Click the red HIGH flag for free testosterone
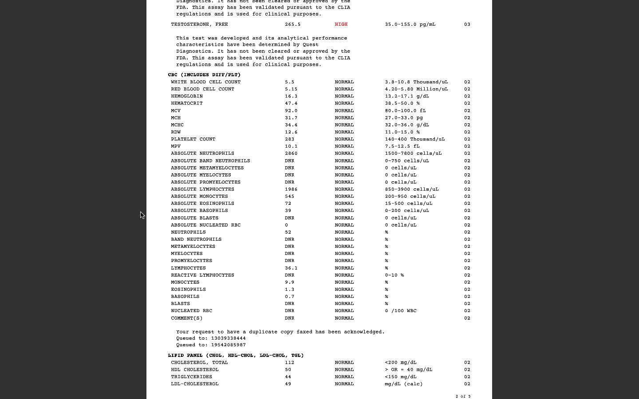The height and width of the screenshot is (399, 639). click(x=341, y=24)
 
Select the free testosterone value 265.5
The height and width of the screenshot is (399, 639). click(x=292, y=24)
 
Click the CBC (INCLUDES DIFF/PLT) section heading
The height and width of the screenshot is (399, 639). click(x=204, y=75)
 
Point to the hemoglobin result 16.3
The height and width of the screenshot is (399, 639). click(x=291, y=96)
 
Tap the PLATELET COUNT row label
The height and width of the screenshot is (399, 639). click(x=193, y=139)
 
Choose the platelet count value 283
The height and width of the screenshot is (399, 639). click(x=289, y=139)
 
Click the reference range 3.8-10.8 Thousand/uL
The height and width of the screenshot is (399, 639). click(x=416, y=82)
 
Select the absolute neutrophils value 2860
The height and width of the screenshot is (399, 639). click(x=291, y=153)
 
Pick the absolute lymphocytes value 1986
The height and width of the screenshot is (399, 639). click(x=291, y=189)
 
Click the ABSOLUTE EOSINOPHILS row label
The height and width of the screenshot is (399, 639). click(x=202, y=203)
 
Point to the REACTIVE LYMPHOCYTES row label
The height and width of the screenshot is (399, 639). click(x=202, y=275)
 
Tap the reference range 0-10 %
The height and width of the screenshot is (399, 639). click(x=394, y=275)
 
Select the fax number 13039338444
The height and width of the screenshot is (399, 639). click(x=228, y=338)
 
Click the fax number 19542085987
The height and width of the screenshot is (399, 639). click(x=228, y=345)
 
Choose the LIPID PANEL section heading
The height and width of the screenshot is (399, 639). click(x=236, y=356)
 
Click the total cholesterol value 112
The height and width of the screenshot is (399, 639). click(x=289, y=363)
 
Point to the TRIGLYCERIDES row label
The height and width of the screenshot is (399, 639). click(x=191, y=377)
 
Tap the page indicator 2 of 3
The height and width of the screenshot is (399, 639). click(x=463, y=396)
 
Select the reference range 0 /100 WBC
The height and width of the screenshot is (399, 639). click(x=400, y=311)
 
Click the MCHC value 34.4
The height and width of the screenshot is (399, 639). click(x=291, y=125)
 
